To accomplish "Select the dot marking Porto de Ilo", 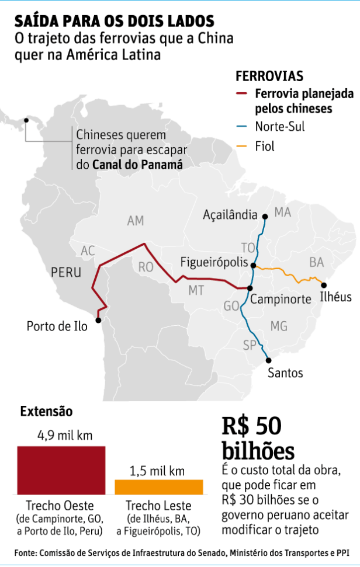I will pyautogui.click(x=99, y=319).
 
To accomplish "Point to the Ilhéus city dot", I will pyautogui.click(x=323, y=284).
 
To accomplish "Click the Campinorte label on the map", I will pyautogui.click(x=280, y=299).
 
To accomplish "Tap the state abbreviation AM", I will pyautogui.click(x=135, y=221).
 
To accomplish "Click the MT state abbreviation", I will pyautogui.click(x=196, y=290).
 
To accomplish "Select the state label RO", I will pyautogui.click(x=146, y=267).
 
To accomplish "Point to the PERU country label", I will pyautogui.click(x=66, y=273).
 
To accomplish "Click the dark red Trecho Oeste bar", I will pyautogui.click(x=61, y=471).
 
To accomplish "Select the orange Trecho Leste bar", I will pyautogui.click(x=158, y=487).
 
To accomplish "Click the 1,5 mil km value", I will pyautogui.click(x=158, y=470).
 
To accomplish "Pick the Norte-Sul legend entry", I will pyautogui.click(x=279, y=126).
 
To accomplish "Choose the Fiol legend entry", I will pyautogui.click(x=264, y=146).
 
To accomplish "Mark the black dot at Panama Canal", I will pyautogui.click(x=26, y=121).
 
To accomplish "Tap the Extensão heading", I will pyautogui.click(x=46, y=411).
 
